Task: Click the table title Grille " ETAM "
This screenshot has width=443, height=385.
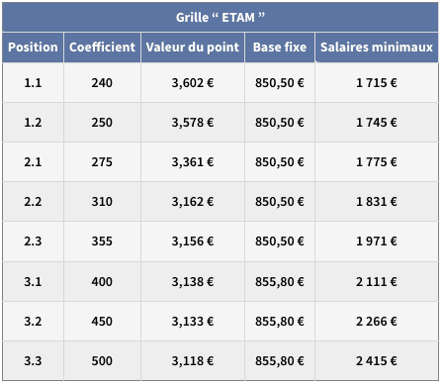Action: [221, 17]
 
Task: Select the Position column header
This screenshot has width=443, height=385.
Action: [33, 48]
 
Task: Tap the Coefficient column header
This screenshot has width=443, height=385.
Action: [102, 48]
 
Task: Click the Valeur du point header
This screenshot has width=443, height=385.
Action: [193, 48]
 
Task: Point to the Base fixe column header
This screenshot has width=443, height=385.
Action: [280, 48]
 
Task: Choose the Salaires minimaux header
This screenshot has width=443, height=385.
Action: [377, 48]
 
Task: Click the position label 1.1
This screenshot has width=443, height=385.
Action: [33, 83]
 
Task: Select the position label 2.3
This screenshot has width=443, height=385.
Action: [33, 241]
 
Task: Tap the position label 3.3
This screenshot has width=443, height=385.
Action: [33, 361]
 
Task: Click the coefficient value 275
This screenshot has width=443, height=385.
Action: [102, 162]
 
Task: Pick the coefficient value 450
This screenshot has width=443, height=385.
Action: [102, 322]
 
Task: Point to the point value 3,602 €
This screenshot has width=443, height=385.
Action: [193, 83]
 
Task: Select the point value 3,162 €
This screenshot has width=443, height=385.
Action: [193, 202]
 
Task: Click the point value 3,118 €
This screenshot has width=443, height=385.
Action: [193, 361]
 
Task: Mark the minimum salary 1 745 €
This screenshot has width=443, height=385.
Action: [377, 123]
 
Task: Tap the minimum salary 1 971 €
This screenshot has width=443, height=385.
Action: [377, 241]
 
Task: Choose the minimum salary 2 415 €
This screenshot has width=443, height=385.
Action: [377, 361]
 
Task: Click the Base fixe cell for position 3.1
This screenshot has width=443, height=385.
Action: [280, 282]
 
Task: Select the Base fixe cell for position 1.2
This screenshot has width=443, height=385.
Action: [280, 123]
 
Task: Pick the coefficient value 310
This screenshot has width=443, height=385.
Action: [102, 202]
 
